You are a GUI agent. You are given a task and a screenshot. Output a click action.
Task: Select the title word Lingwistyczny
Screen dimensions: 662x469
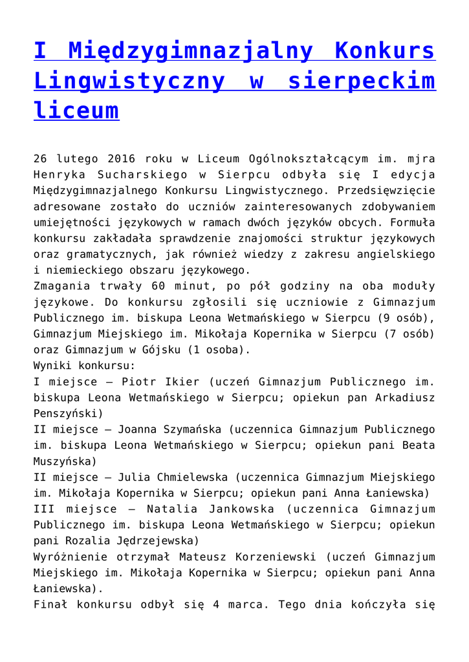click(x=129, y=81)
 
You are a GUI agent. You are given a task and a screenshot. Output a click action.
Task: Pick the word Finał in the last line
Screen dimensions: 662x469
click(x=50, y=604)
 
